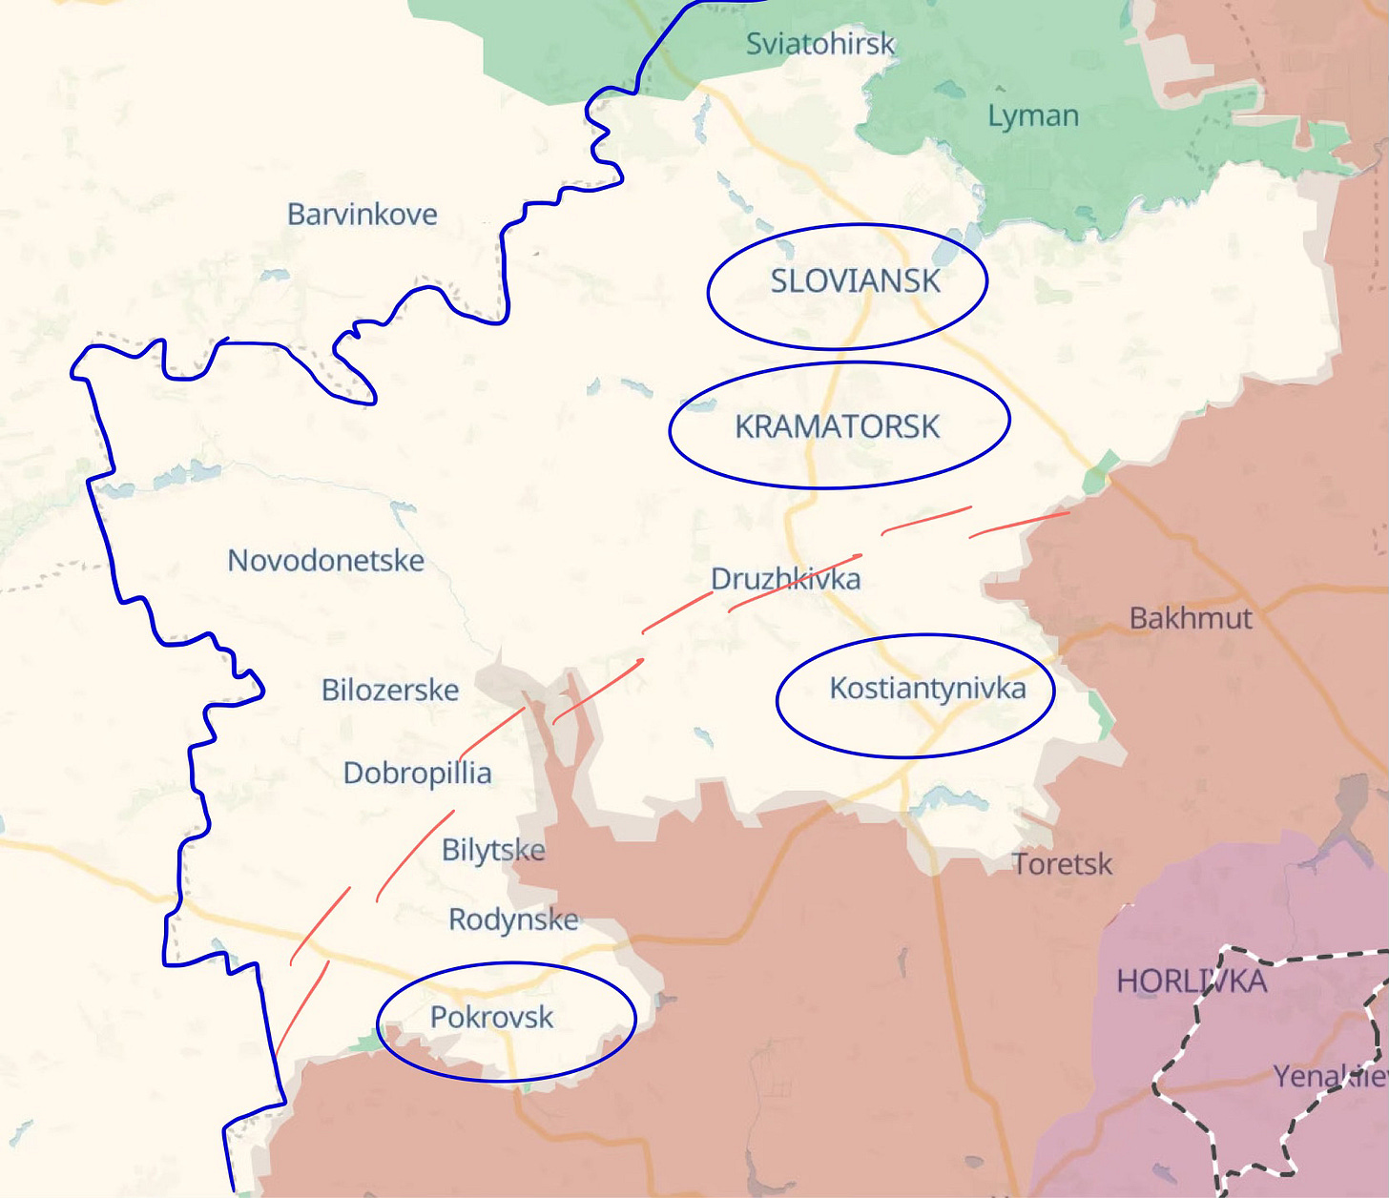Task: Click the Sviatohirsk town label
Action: [819, 44]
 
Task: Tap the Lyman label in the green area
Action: [1032, 116]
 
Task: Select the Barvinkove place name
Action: [362, 215]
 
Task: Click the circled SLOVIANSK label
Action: [855, 281]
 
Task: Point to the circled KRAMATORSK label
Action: [837, 426]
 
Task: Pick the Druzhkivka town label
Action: [785, 579]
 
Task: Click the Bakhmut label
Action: [1190, 618]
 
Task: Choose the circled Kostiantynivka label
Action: [926, 688]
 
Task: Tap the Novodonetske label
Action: [325, 561]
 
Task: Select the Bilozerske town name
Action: [389, 690]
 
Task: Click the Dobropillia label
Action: [417, 773]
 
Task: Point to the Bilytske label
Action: [493, 850]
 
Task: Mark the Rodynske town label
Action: [513, 919]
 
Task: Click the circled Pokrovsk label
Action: [491, 1018]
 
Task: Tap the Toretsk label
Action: [1062, 864]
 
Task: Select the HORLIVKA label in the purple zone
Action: [1191, 981]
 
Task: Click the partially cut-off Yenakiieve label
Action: [1330, 1077]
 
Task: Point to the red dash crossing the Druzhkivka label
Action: [795, 580]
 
